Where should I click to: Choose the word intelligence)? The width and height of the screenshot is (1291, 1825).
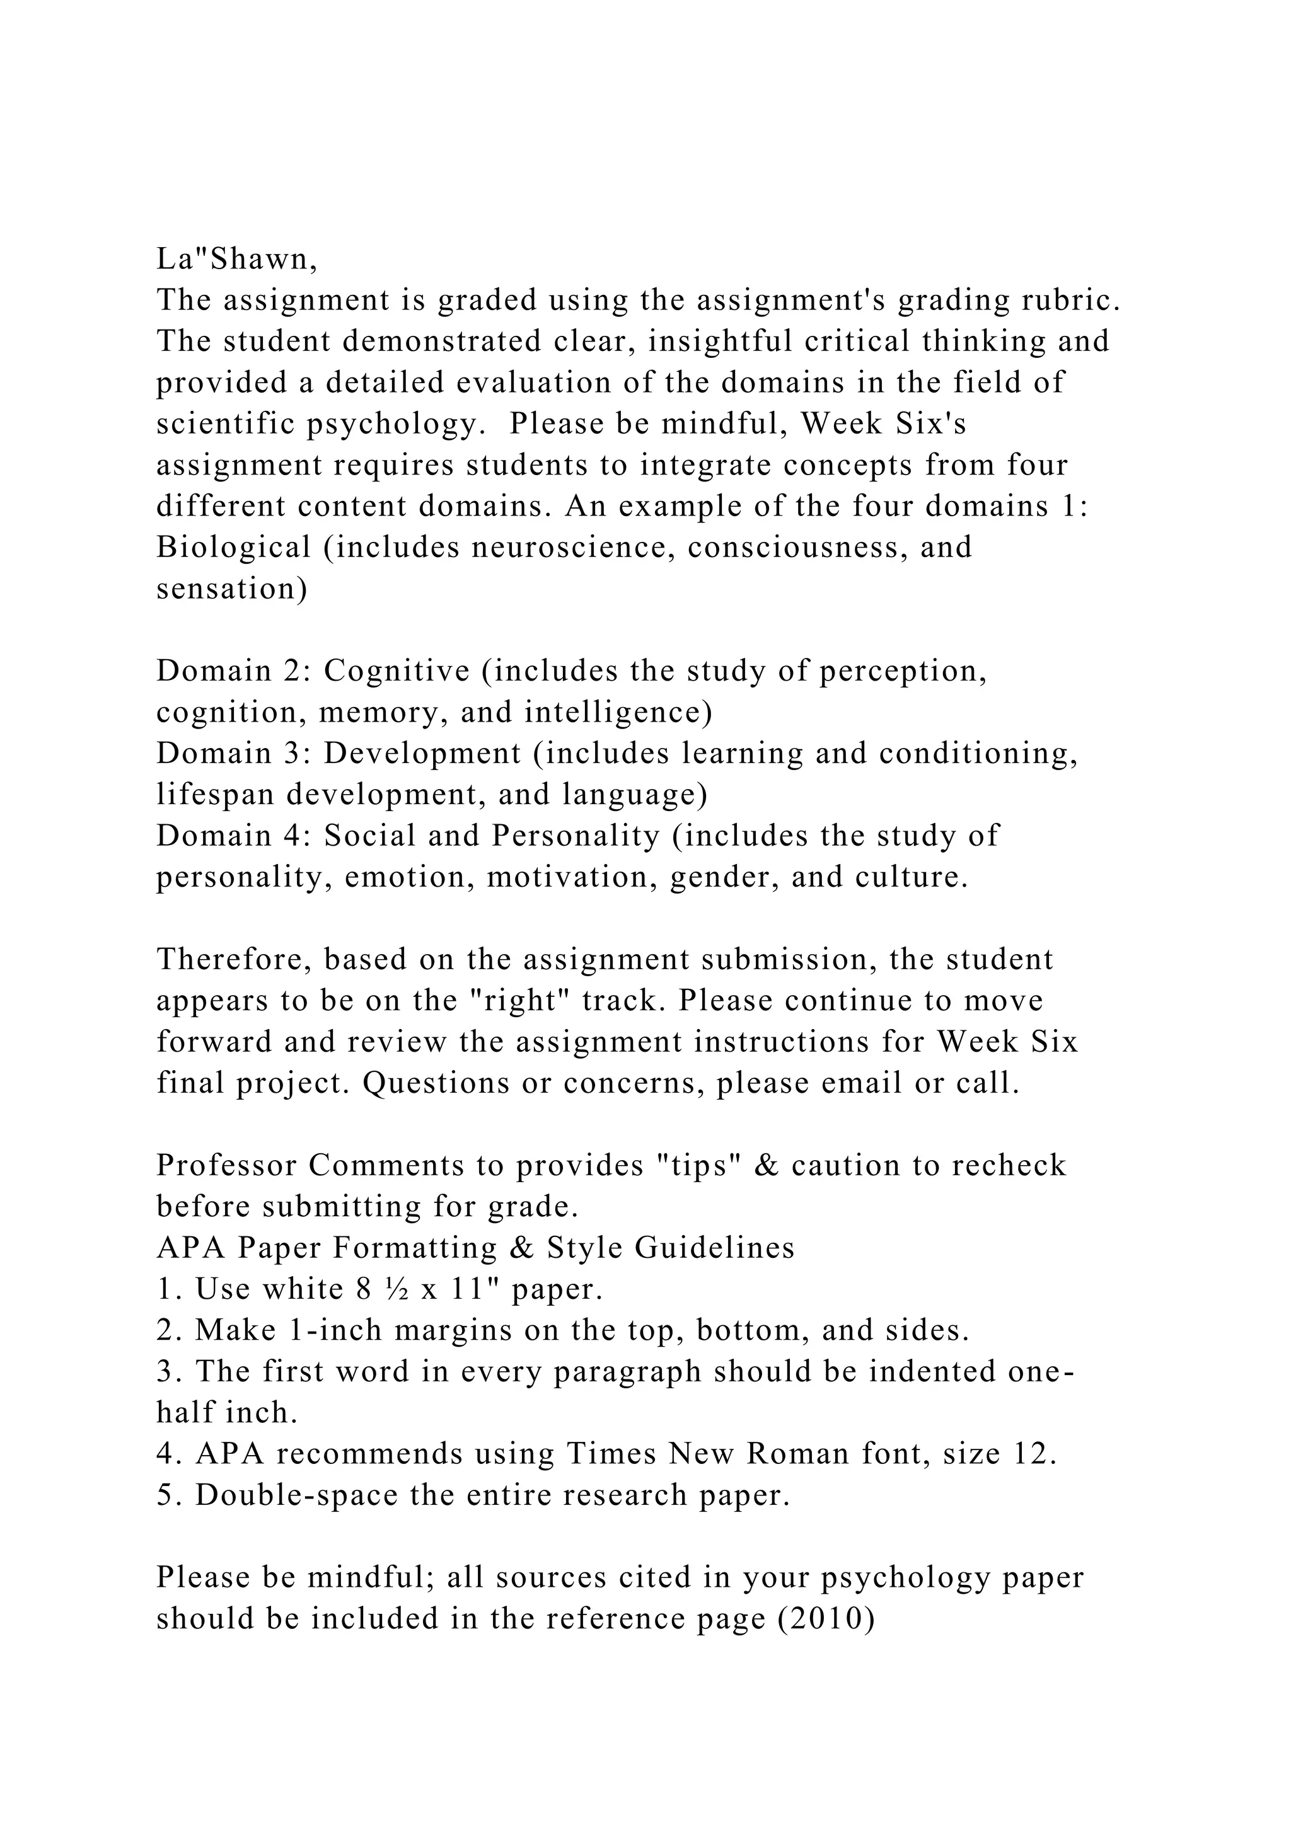(x=618, y=712)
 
